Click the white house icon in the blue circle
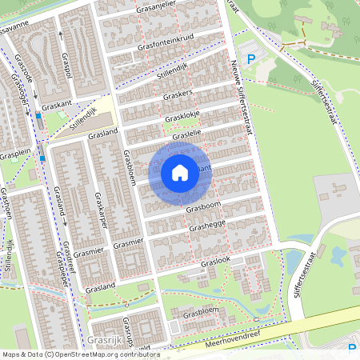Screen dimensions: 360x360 tap(180, 172)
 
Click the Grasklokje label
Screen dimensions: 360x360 tap(182, 117)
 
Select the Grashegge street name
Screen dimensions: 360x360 tap(206, 226)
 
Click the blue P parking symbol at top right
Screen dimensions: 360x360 tap(251, 59)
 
